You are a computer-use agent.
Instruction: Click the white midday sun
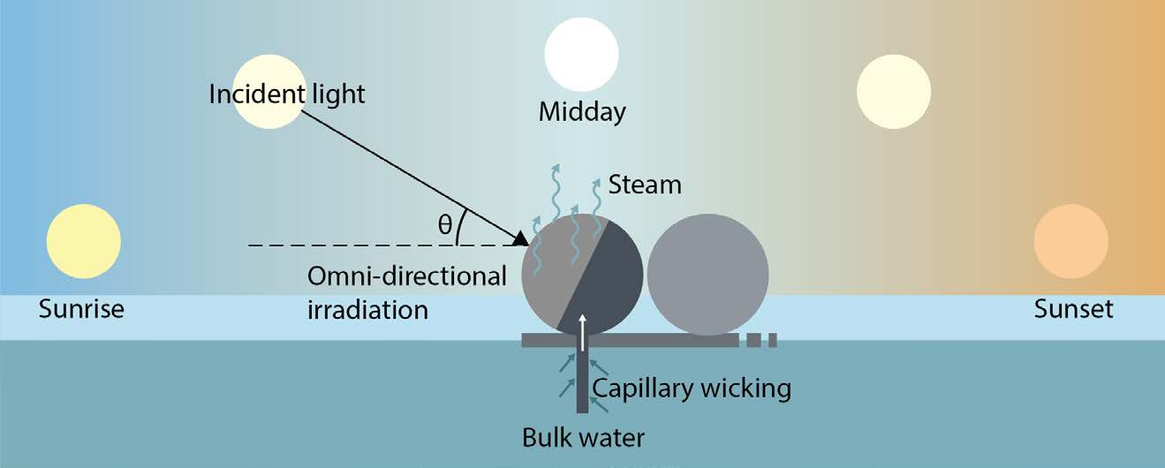(x=581, y=55)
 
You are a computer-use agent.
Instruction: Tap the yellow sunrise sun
(x=83, y=240)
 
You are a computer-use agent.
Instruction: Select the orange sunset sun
(x=1070, y=240)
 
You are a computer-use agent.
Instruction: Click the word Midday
(x=582, y=112)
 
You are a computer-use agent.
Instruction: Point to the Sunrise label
(x=81, y=309)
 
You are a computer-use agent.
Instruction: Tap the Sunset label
(x=1074, y=309)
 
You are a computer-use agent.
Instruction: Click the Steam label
(x=645, y=185)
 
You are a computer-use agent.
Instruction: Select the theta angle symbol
(x=445, y=225)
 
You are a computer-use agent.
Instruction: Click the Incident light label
(x=287, y=94)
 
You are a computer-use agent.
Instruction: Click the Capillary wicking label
(x=691, y=387)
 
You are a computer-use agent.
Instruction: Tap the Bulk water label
(x=583, y=436)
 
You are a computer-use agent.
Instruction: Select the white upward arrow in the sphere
(x=582, y=328)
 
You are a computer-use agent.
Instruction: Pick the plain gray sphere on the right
(x=707, y=275)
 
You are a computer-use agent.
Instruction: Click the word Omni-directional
(x=406, y=276)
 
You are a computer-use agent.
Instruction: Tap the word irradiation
(x=367, y=309)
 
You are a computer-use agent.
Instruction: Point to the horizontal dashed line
(x=353, y=244)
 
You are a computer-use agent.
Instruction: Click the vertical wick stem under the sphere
(x=582, y=380)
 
